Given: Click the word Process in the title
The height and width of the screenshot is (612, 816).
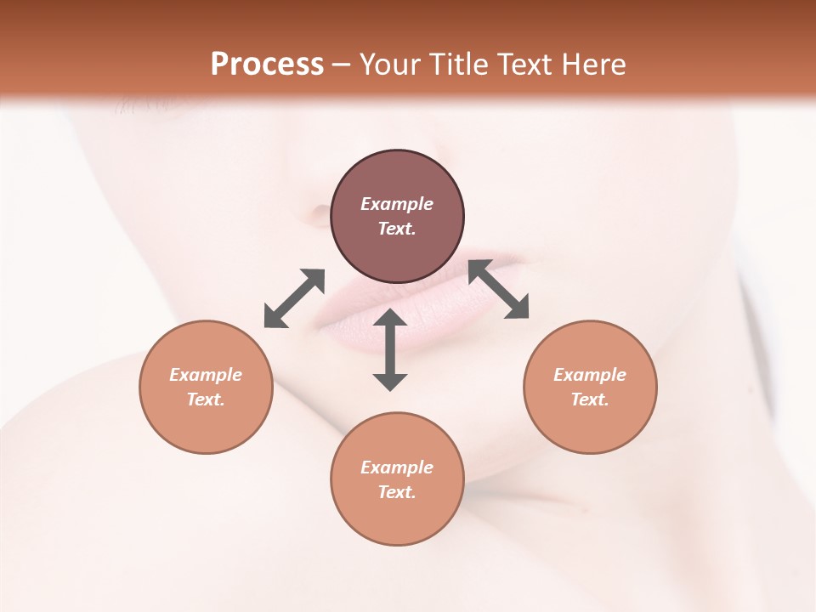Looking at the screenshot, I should point(267,64).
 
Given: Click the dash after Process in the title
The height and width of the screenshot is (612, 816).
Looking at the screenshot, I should point(341,65).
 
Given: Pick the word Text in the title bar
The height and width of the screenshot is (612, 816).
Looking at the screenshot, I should point(525,64).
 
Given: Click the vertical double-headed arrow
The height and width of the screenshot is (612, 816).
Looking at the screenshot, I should point(390,349).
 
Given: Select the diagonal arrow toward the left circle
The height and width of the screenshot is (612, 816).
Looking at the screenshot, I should point(294,298).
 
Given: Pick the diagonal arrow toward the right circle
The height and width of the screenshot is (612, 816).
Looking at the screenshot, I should point(499,289).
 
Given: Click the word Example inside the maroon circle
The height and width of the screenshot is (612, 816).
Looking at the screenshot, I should point(397,204).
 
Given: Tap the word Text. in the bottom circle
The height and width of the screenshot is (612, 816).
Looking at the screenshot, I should point(397,492).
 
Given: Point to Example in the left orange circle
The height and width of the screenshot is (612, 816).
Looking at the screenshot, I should point(206,375).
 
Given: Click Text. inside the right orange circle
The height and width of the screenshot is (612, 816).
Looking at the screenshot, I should point(590,399).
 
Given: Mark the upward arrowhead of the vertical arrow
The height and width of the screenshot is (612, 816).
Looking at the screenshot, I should point(390,318).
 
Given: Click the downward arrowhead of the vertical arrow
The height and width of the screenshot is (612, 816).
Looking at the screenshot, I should point(390,381).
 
